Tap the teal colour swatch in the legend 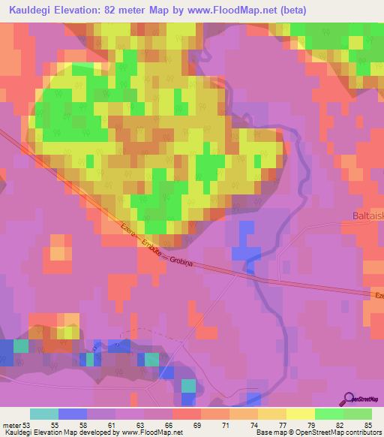(44, 414)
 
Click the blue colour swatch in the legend (73, 414)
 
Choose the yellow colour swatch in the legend (301, 414)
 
